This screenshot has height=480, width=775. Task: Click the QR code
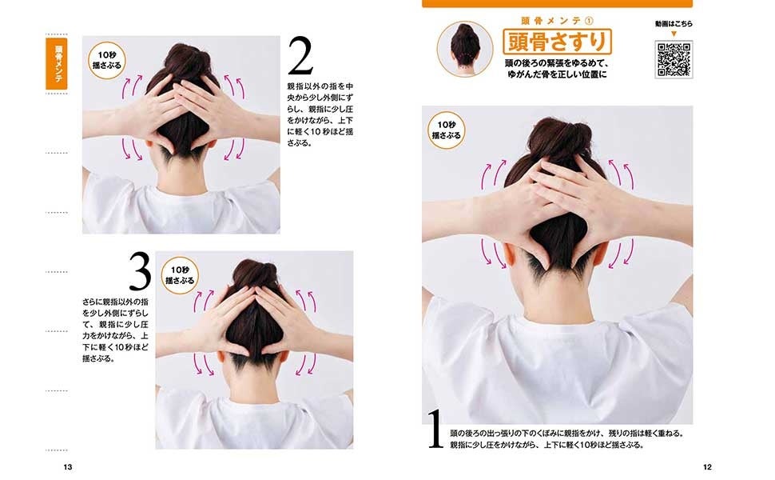(674, 59)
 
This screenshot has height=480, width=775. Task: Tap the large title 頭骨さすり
(557, 42)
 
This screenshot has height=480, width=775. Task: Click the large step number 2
(300, 56)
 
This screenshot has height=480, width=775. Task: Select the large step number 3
(141, 271)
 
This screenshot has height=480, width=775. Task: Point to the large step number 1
(435, 429)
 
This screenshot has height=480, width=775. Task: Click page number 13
(68, 466)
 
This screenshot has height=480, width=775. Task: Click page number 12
(707, 466)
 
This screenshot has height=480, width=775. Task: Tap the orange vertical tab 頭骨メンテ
(57, 64)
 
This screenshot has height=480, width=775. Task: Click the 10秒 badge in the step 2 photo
(107, 60)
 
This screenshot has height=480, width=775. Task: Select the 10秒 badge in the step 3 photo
(180, 275)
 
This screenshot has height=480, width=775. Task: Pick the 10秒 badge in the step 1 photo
(447, 130)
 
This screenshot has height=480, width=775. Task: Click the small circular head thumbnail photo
(465, 49)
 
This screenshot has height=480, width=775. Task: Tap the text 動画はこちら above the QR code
(674, 24)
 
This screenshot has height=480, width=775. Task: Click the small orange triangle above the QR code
(674, 34)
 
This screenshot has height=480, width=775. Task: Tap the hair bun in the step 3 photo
(255, 273)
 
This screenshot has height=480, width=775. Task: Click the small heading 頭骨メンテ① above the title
(557, 21)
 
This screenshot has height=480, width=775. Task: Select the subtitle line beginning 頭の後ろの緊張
(557, 64)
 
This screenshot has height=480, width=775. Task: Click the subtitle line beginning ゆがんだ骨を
(557, 74)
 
